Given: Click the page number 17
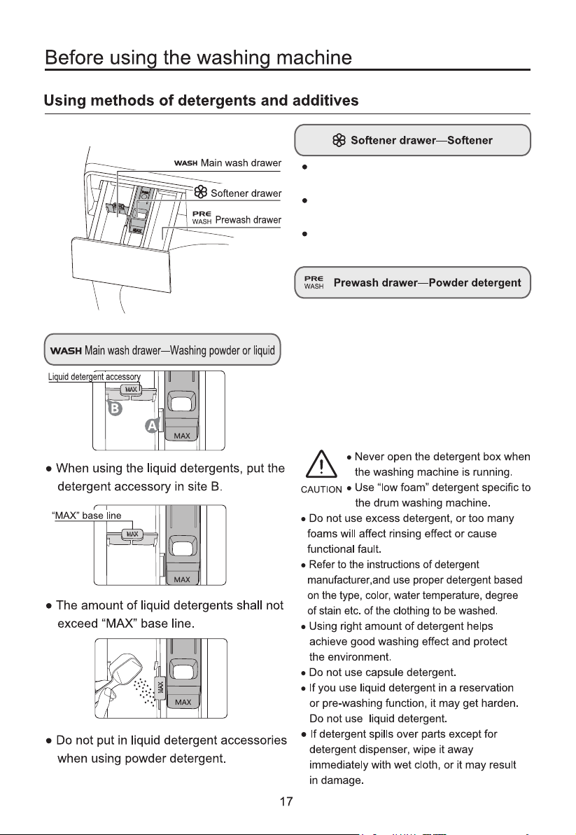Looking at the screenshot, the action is pyautogui.click(x=286, y=801).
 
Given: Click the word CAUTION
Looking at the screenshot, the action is pyautogui.click(x=321, y=490).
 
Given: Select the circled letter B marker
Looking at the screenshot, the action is pyautogui.click(x=115, y=409).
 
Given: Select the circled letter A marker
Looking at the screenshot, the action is pyautogui.click(x=152, y=426).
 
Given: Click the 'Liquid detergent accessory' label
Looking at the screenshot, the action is pyautogui.click(x=94, y=377).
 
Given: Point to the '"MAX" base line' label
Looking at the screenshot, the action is pyautogui.click(x=86, y=516).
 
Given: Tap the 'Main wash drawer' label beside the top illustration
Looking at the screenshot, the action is pyautogui.click(x=241, y=163).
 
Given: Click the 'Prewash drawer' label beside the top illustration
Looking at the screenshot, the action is pyautogui.click(x=248, y=220).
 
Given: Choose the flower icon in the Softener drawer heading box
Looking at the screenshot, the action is pyautogui.click(x=339, y=140).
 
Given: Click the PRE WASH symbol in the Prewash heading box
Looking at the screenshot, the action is pyautogui.click(x=314, y=282).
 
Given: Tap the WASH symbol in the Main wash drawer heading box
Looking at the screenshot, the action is pyautogui.click(x=65, y=350).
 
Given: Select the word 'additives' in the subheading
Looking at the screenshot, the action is pyautogui.click(x=325, y=101).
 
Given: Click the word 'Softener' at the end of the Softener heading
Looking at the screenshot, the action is pyautogui.click(x=470, y=140).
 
